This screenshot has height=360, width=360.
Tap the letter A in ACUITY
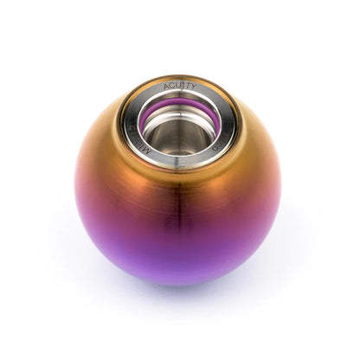tap(168, 87)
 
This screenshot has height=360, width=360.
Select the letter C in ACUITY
tap(173, 87)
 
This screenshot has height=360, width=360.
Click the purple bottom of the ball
tap(180, 268)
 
